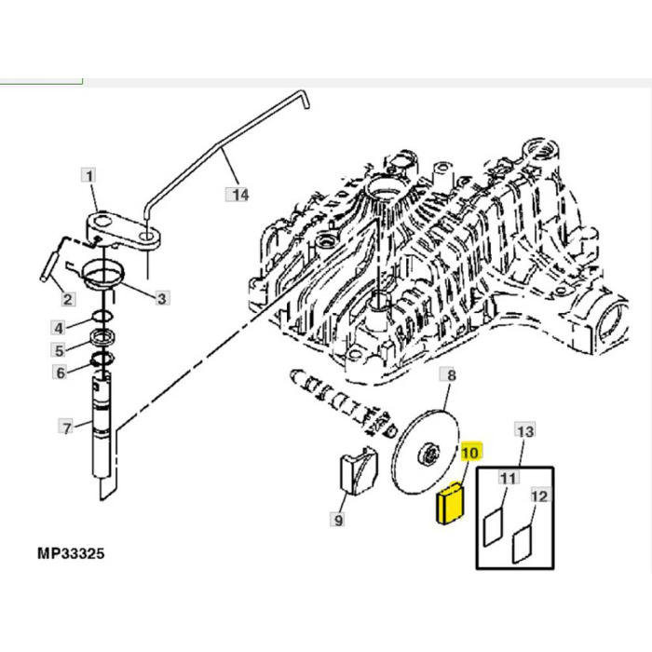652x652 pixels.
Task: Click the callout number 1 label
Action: (87, 175)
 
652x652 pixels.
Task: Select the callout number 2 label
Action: (68, 299)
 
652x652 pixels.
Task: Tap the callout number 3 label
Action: (161, 298)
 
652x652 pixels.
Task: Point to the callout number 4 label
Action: (59, 327)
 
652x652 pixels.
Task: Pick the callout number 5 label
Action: (59, 350)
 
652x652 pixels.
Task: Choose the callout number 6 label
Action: (59, 373)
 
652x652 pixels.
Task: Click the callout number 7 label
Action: (65, 428)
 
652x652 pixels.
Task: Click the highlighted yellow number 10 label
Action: (469, 452)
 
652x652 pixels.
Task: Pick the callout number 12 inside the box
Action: (539, 497)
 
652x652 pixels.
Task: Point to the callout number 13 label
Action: (525, 431)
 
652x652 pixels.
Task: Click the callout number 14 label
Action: (239, 194)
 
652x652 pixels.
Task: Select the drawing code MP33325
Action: (71, 553)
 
